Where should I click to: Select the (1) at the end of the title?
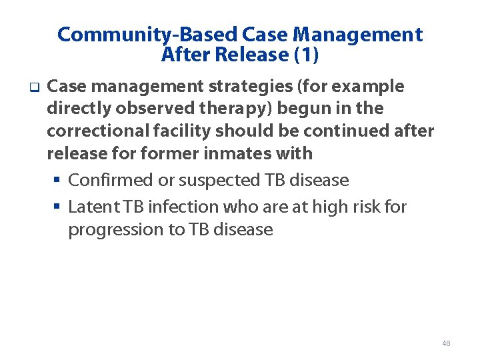307,55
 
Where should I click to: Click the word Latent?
91,207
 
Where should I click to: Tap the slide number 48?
446,343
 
